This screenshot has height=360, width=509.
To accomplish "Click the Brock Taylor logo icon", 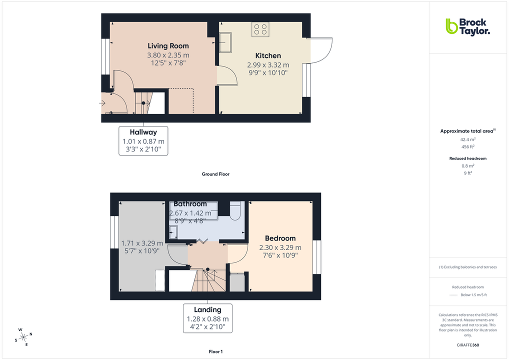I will (x=451, y=26).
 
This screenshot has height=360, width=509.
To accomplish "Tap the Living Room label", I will (x=168, y=46).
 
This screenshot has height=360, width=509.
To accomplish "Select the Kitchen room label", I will (x=268, y=55).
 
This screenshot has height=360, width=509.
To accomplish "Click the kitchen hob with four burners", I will (x=260, y=29).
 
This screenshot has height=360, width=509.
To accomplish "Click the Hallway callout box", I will (x=143, y=140).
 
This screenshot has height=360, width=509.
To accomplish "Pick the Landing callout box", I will (x=207, y=318).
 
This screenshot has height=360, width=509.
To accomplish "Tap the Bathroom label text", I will (x=190, y=204).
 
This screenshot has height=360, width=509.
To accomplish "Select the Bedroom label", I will (x=280, y=238).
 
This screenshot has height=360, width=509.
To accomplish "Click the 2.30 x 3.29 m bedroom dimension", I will (x=280, y=247).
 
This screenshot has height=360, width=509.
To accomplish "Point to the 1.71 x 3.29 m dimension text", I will (x=142, y=243).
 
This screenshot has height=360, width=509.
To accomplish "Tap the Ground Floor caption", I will (x=215, y=174).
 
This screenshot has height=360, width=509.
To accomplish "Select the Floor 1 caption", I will (x=215, y=352).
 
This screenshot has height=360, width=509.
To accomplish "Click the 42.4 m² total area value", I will (x=467, y=140).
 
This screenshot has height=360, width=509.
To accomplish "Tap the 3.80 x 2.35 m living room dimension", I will (x=168, y=55).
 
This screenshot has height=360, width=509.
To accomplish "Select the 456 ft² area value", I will (x=467, y=147).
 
